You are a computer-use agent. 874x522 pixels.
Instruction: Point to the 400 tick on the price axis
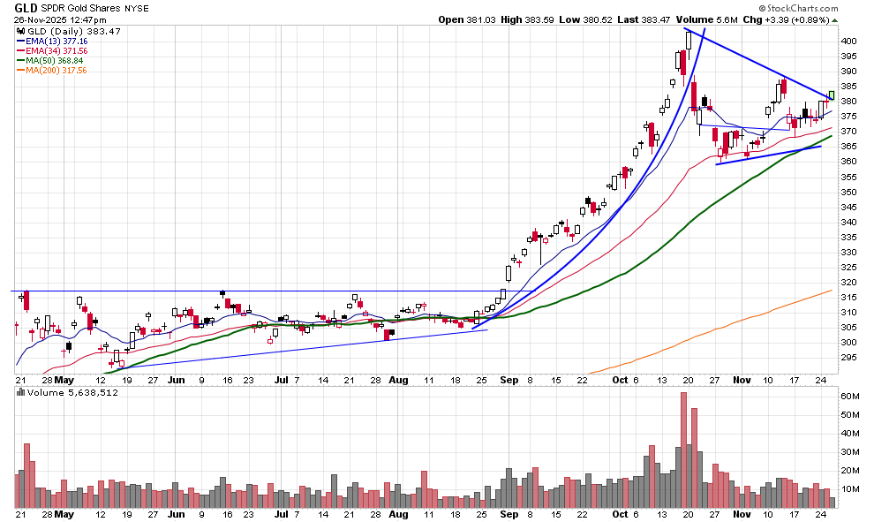[x=848, y=42]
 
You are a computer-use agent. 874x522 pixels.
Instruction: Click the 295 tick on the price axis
[x=848, y=357]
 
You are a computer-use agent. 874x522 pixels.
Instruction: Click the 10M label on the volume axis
[x=849, y=489]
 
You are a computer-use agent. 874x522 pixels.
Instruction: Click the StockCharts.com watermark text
[x=813, y=8]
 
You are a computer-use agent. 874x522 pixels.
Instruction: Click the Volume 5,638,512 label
[x=60, y=391]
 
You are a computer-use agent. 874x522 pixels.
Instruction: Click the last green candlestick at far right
[x=831, y=95]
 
